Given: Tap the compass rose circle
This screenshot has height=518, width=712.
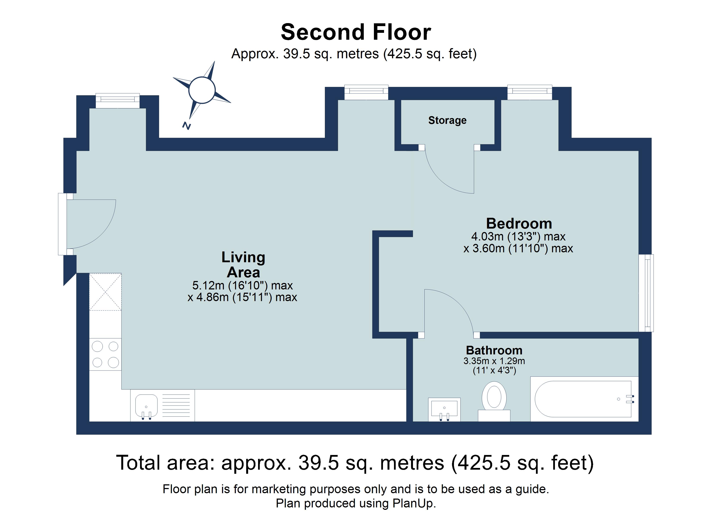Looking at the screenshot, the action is pyautogui.click(x=202, y=90).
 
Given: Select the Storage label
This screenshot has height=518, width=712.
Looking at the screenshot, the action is pyautogui.click(x=447, y=120).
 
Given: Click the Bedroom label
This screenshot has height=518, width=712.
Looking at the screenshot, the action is pyautogui.click(x=519, y=224).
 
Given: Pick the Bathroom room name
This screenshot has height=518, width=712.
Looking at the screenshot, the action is pyautogui.click(x=494, y=350).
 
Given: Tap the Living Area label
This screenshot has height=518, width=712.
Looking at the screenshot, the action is pyautogui.click(x=243, y=265).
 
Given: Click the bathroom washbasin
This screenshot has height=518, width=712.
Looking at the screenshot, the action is pyautogui.click(x=444, y=409).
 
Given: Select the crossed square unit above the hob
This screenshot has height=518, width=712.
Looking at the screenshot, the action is pyautogui.click(x=105, y=292).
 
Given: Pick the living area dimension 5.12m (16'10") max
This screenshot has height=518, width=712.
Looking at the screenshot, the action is pyautogui.click(x=242, y=286).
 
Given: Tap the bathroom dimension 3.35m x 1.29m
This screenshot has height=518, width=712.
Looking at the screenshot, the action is pyautogui.click(x=494, y=361).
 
